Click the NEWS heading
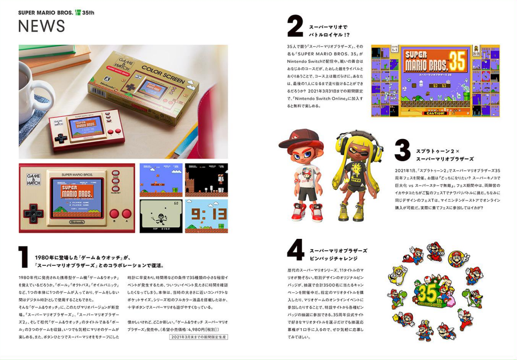pos(41,27)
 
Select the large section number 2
pos(295,26)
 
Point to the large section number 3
pos(402,151)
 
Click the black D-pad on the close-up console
pos(33,213)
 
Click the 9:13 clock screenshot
pos(206,216)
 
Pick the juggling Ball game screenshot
pos(161,216)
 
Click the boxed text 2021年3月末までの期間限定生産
pos(199,337)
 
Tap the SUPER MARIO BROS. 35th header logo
pos(56,12)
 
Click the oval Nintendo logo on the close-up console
pos(77,222)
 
